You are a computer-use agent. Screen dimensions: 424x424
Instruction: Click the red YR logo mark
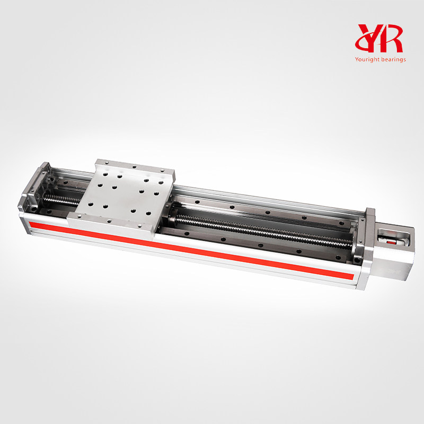pyautogui.click(x=380, y=38)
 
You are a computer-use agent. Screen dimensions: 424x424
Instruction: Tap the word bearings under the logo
pyautogui.click(x=393, y=59)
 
